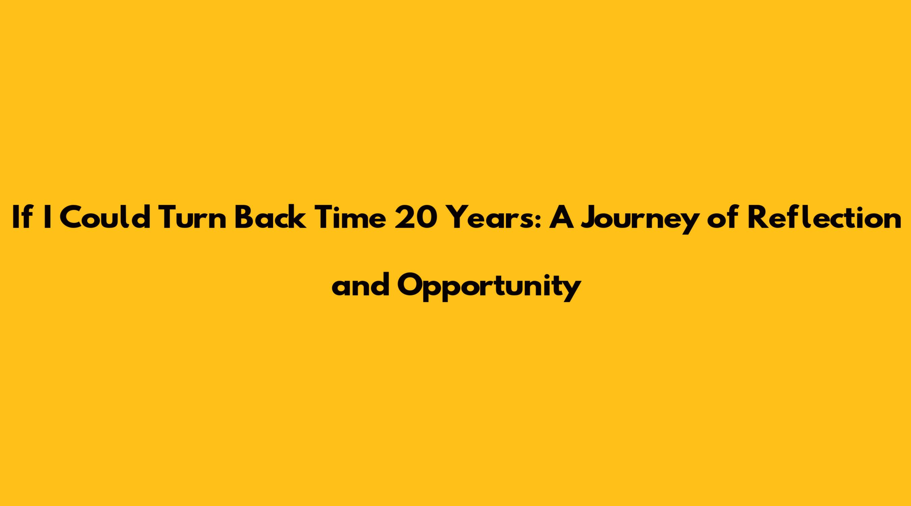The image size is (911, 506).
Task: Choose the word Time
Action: (350, 218)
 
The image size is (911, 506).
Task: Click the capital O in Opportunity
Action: (411, 285)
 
